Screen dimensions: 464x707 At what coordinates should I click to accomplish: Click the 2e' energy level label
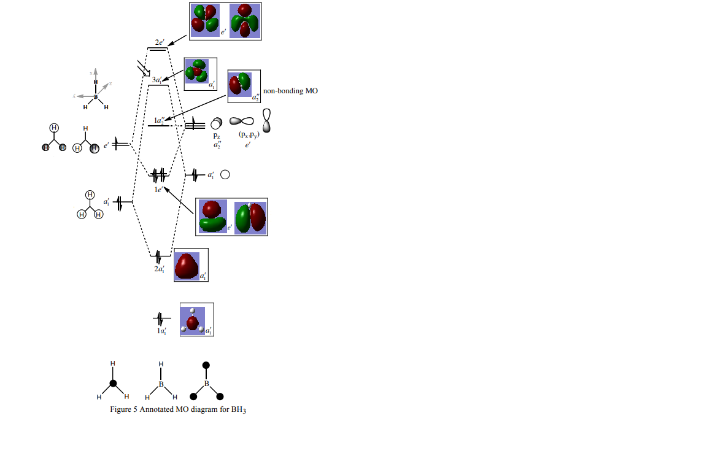pyautogui.click(x=160, y=42)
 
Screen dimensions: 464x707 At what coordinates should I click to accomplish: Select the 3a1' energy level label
pyautogui.click(x=157, y=80)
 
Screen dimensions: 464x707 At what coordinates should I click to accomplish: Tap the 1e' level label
pyautogui.click(x=158, y=190)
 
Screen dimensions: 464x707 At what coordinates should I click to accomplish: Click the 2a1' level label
pyautogui.click(x=159, y=268)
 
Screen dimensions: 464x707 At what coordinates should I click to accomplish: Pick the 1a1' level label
pyautogui.click(x=161, y=331)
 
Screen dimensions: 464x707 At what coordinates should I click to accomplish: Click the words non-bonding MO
pyautogui.click(x=290, y=91)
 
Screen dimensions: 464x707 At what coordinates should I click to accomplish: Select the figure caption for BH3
pyautogui.click(x=178, y=409)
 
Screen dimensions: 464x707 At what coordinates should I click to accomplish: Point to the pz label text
pyautogui.click(x=217, y=135)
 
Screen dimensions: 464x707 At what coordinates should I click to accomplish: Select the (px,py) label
pyautogui.click(x=249, y=135)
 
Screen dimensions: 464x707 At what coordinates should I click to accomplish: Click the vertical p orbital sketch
pyautogui.click(x=267, y=120)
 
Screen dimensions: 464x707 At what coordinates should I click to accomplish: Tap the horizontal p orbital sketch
pyautogui.click(x=241, y=122)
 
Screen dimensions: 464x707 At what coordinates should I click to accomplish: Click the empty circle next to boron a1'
pyautogui.click(x=225, y=175)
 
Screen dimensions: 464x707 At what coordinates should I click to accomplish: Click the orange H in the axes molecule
pyautogui.click(x=96, y=82)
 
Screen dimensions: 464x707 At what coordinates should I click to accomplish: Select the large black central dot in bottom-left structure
pyautogui.click(x=113, y=384)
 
